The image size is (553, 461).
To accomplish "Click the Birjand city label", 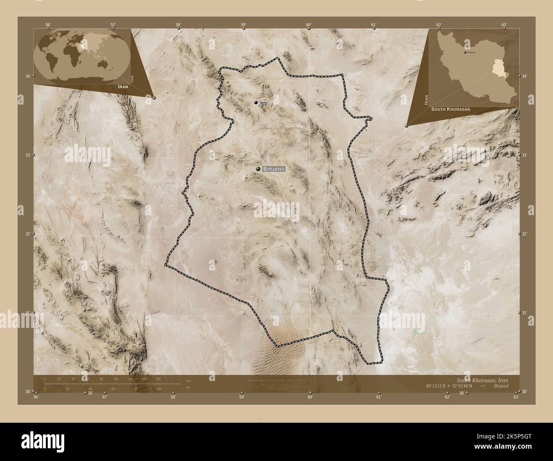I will [x=274, y=169].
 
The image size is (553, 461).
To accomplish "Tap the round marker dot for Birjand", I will [x=258, y=169].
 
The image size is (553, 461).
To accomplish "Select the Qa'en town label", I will [x=264, y=102].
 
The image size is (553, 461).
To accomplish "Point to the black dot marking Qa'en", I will [x=256, y=102].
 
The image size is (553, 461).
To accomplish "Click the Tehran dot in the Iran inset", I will [x=465, y=52].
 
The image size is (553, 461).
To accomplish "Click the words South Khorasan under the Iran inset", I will [x=450, y=109].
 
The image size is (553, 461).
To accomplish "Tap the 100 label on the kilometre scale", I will [x=115, y=378].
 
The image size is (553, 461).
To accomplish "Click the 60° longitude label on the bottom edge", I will [x=310, y=397].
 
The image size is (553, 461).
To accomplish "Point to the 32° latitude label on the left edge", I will [x=28, y=234].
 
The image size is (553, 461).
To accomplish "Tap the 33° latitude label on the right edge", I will [x=524, y=155].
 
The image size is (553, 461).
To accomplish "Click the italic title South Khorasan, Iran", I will [x=488, y=380].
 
